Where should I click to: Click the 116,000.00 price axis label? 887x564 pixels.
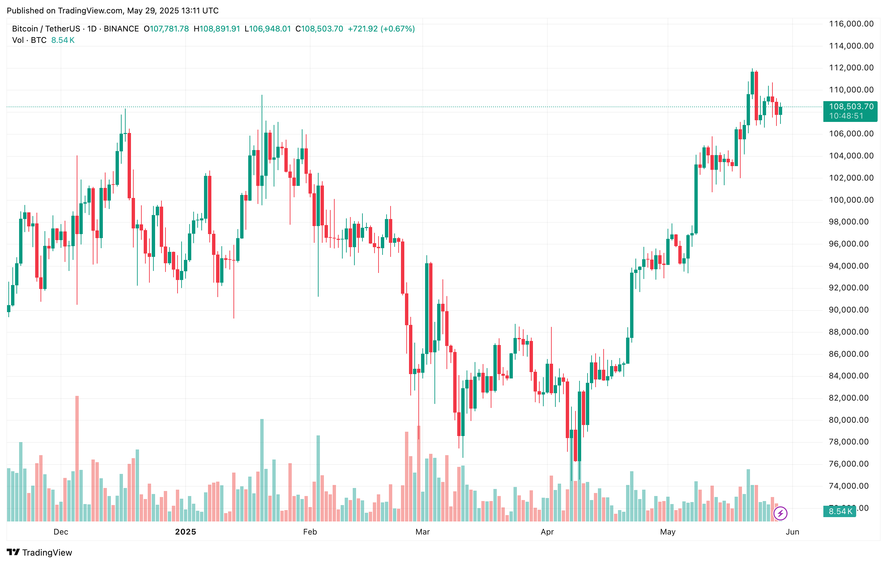[x=851, y=24]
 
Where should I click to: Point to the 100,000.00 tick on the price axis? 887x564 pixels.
[x=851, y=200]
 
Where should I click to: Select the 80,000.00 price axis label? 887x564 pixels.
[x=851, y=420]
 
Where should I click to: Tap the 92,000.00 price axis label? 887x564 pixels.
[x=851, y=288]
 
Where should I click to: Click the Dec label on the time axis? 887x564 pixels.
[x=61, y=532]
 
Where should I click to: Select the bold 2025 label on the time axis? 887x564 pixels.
[x=185, y=532]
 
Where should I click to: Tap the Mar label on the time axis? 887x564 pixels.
[x=422, y=532]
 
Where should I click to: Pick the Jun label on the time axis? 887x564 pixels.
[x=792, y=532]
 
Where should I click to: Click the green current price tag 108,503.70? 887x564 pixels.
[x=850, y=107]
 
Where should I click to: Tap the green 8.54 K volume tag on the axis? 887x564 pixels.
[x=840, y=511]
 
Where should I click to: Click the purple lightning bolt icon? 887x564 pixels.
[x=780, y=513]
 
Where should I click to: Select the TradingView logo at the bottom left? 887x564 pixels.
[x=40, y=552]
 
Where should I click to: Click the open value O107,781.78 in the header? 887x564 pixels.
[x=166, y=29]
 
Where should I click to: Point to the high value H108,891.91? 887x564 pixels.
[x=217, y=29]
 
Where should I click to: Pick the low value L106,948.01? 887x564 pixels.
[x=268, y=29]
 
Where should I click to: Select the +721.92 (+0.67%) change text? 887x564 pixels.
[x=381, y=29]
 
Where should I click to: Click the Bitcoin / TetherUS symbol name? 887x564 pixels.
[x=46, y=29]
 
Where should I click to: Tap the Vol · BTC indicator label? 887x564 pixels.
[x=29, y=40]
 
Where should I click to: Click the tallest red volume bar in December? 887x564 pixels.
[x=77, y=458]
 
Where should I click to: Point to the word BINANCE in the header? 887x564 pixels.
[x=121, y=29]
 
